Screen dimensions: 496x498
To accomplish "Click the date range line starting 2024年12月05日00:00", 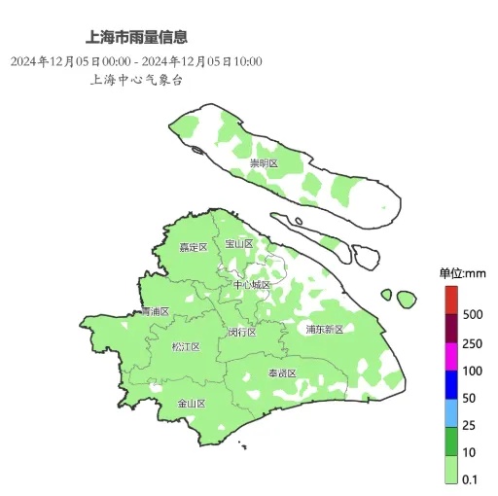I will click(137, 61).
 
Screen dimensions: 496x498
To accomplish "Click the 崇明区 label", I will click(264, 163).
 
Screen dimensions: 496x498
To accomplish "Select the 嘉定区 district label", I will click(194, 247).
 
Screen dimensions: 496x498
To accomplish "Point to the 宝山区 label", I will click(238, 243).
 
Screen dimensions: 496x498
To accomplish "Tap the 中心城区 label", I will click(252, 284).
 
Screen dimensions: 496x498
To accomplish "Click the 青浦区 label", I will click(155, 311).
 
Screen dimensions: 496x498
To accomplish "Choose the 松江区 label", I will click(185, 346).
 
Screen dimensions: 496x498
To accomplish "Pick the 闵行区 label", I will click(242, 332).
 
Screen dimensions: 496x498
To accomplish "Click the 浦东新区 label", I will click(325, 329).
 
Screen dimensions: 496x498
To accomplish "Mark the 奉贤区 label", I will click(282, 372).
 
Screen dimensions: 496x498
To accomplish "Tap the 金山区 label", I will click(191, 403).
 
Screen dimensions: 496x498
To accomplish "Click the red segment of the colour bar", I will click(451, 301).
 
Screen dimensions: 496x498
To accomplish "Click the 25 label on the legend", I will click(470, 426).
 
